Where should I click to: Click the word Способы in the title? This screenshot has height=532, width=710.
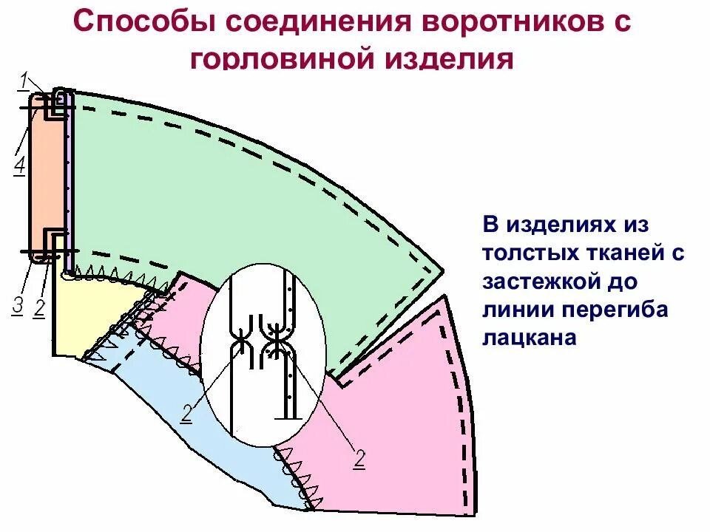point(141,22)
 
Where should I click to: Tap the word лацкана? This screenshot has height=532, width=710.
point(529,338)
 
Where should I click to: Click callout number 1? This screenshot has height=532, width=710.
point(24,79)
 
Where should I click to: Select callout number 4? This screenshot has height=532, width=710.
point(20,166)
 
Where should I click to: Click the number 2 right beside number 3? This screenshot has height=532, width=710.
point(40,307)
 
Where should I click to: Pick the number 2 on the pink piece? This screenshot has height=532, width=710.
point(359,458)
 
